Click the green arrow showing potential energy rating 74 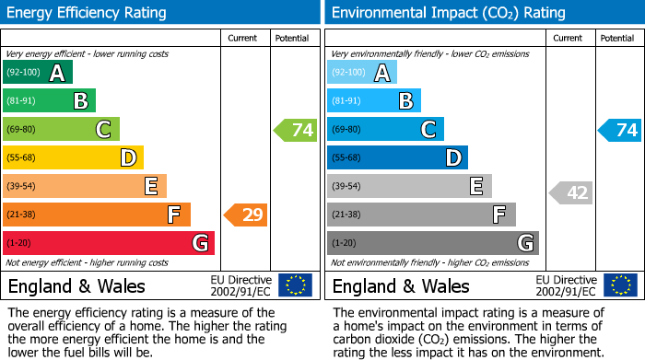pos(296,130)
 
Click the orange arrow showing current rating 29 pos(246,215)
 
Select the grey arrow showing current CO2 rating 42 pos(571,192)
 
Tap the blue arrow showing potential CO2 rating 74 pos(620,130)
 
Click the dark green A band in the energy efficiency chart pos(38,73)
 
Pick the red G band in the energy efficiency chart pos(109,243)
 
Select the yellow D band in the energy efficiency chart pos(73,157)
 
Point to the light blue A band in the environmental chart pos(362,73)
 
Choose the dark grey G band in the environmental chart pos(432,243)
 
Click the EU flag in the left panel pos(295,285)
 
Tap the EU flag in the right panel pos(620,285)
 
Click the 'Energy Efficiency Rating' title pos(88,13)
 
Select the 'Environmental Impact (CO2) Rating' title pos(448,13)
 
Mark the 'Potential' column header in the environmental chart pos(616,38)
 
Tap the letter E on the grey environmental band pos(475,187)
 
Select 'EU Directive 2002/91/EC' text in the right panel pos(566,285)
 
